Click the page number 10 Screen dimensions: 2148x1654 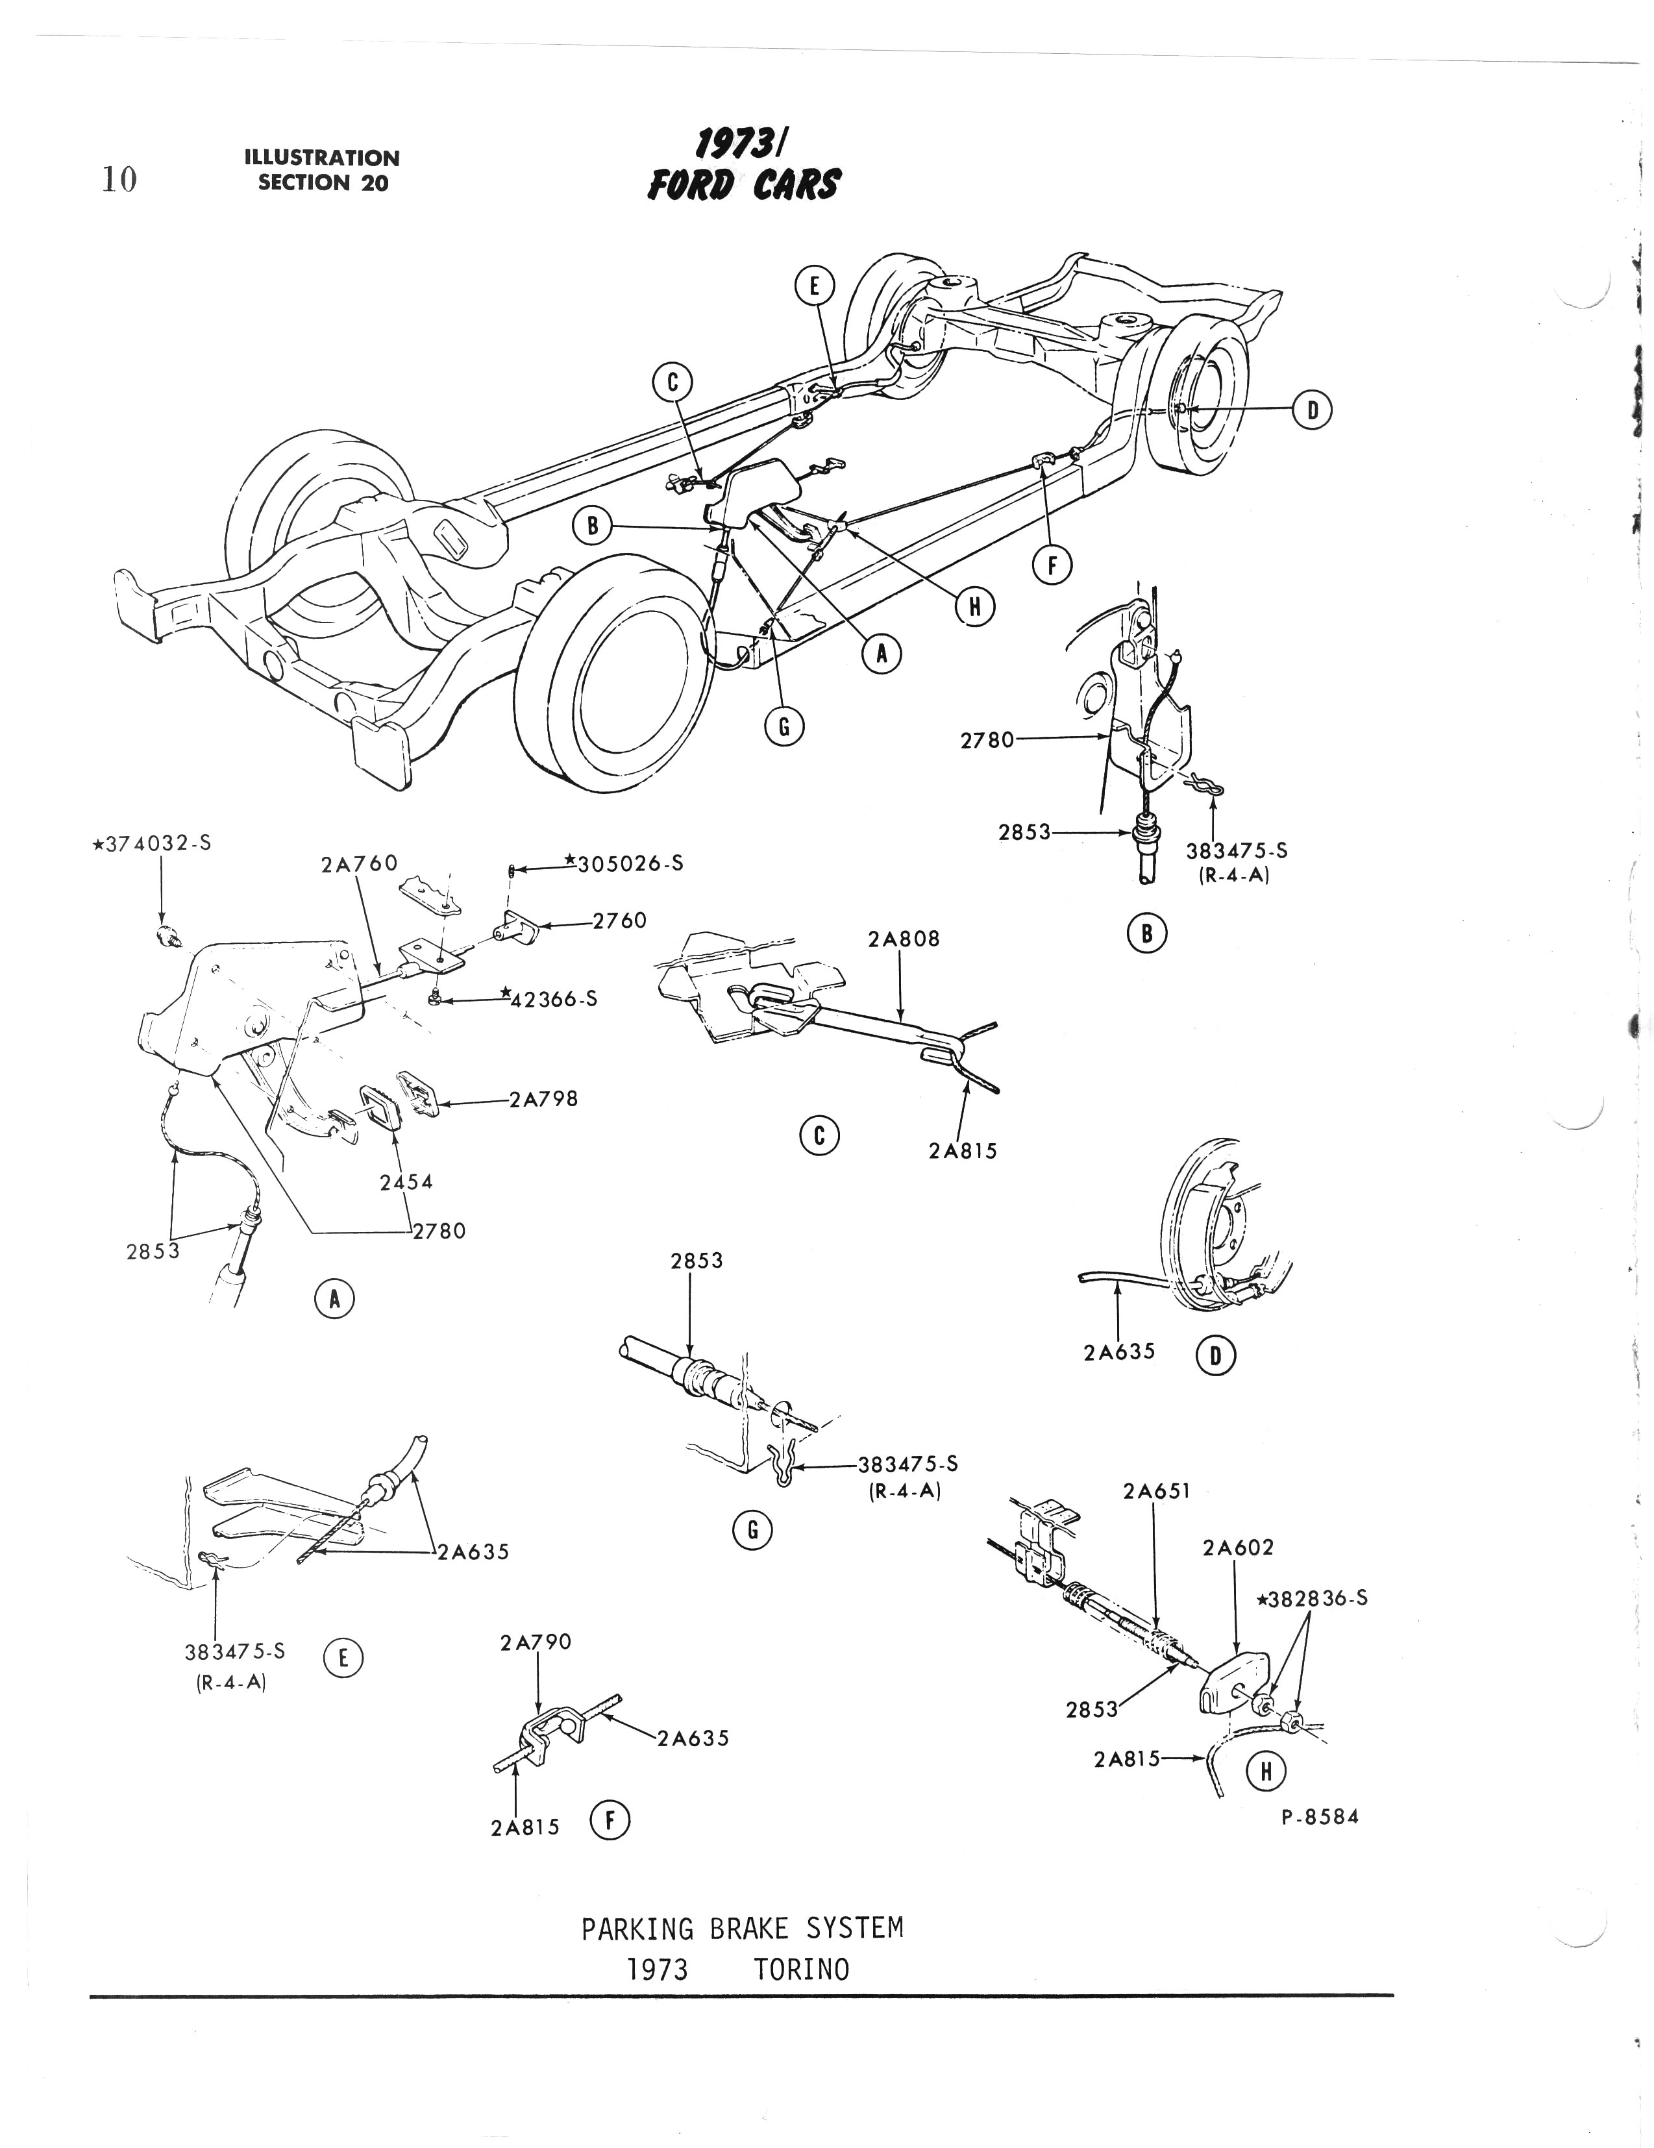point(119,180)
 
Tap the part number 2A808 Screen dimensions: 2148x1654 point(904,939)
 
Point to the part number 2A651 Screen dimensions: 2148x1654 point(1156,1491)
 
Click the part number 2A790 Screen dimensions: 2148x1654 point(535,1642)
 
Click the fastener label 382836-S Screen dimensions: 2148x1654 point(1312,1598)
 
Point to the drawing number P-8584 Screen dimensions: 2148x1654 point(1320,1816)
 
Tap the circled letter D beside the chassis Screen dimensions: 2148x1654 point(1312,410)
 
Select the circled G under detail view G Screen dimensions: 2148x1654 point(753,1531)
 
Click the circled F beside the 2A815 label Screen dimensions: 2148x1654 point(610,1821)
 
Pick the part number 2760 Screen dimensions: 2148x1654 point(619,920)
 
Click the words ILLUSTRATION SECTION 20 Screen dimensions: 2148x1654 point(323,170)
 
